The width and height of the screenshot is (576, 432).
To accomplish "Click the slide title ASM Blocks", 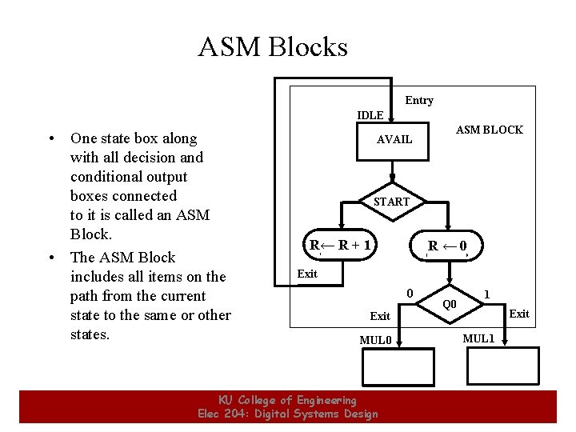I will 273,47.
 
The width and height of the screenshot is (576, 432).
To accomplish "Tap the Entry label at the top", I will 419,100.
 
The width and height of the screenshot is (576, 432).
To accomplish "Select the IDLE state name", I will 370,115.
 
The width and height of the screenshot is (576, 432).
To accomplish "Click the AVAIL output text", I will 394,139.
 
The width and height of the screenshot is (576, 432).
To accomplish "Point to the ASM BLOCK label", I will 489,130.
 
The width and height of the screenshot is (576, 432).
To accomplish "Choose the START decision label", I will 391,202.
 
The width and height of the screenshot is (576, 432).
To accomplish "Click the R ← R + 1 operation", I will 341,245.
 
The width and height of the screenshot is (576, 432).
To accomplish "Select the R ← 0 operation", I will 447,246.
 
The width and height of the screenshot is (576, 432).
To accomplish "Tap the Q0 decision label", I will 450,304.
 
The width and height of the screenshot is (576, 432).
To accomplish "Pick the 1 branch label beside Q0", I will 487,294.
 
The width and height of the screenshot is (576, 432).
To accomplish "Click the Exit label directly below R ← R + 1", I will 307,274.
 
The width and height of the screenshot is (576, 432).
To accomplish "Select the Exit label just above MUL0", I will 380,316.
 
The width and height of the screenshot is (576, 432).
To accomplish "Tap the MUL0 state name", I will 375,340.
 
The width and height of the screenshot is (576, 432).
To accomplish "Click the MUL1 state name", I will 479,338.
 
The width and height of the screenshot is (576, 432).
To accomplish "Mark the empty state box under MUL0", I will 391,369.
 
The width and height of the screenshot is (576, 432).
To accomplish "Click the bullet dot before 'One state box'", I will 50,138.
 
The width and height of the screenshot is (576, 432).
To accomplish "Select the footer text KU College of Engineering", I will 287,400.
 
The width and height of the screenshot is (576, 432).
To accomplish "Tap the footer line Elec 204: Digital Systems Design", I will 287,414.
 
